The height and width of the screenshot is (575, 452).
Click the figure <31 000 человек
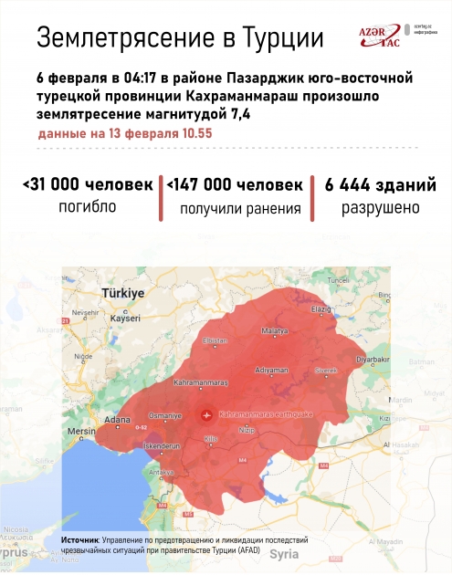point(88,184)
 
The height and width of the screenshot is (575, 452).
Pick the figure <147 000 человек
point(234,184)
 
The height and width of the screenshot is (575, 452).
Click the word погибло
point(88,207)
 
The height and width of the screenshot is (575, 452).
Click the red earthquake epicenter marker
point(206,414)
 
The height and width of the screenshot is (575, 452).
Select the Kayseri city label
point(125,319)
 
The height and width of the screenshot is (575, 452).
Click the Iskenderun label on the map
point(164,445)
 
